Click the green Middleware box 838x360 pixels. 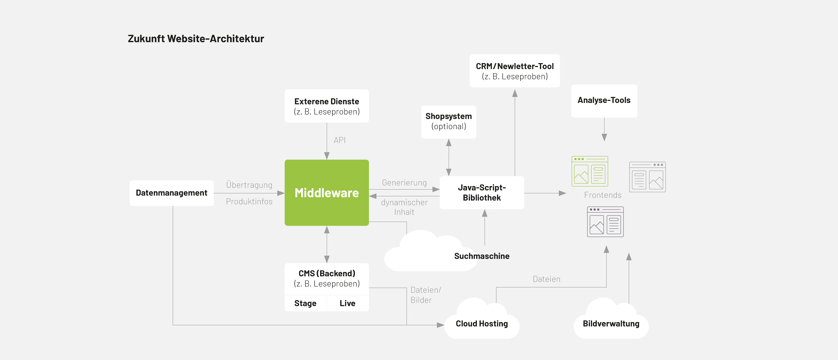(x=327, y=193)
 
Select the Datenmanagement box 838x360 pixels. (x=171, y=193)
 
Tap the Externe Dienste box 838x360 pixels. (x=327, y=106)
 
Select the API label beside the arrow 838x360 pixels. (x=339, y=140)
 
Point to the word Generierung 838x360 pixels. (x=404, y=183)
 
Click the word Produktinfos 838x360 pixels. (x=249, y=202)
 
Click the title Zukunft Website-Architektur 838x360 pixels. (x=196, y=39)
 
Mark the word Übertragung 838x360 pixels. (x=249, y=185)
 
